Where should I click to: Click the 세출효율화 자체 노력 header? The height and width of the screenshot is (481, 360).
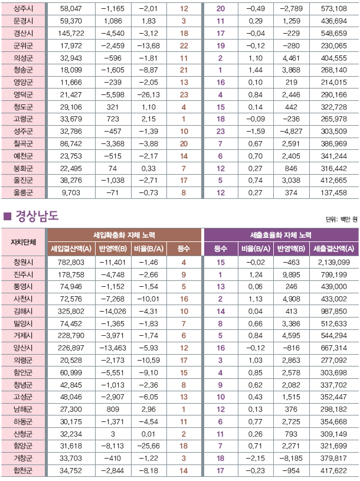point(280,235)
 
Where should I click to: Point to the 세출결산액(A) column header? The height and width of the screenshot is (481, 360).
point(335,248)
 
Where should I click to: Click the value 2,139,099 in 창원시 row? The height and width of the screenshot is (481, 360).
point(334,262)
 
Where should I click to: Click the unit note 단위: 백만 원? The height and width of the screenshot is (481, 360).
point(342,220)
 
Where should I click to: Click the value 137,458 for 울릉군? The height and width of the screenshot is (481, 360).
point(333,192)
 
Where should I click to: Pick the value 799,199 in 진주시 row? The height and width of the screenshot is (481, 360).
point(334,274)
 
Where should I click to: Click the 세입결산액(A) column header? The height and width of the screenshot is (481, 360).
point(71,248)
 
